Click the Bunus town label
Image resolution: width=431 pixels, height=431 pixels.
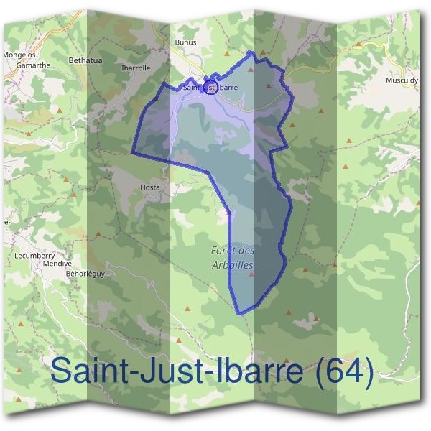click(185, 42)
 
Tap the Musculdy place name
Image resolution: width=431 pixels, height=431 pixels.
click(402, 81)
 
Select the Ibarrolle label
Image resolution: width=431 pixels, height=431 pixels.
click(136, 68)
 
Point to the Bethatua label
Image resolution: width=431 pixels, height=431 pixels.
click(85, 60)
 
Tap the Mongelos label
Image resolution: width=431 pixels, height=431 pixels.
click(19, 54)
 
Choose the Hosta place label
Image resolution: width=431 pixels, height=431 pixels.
click(150, 187)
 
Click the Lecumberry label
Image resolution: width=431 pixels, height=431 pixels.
click(34, 254)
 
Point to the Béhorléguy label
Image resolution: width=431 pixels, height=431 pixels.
click(85, 274)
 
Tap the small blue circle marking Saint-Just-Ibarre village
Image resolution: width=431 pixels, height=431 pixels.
click(210, 88)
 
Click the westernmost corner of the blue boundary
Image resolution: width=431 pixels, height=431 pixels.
click(132, 153)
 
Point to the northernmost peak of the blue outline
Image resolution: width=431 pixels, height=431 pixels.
click(249, 52)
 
